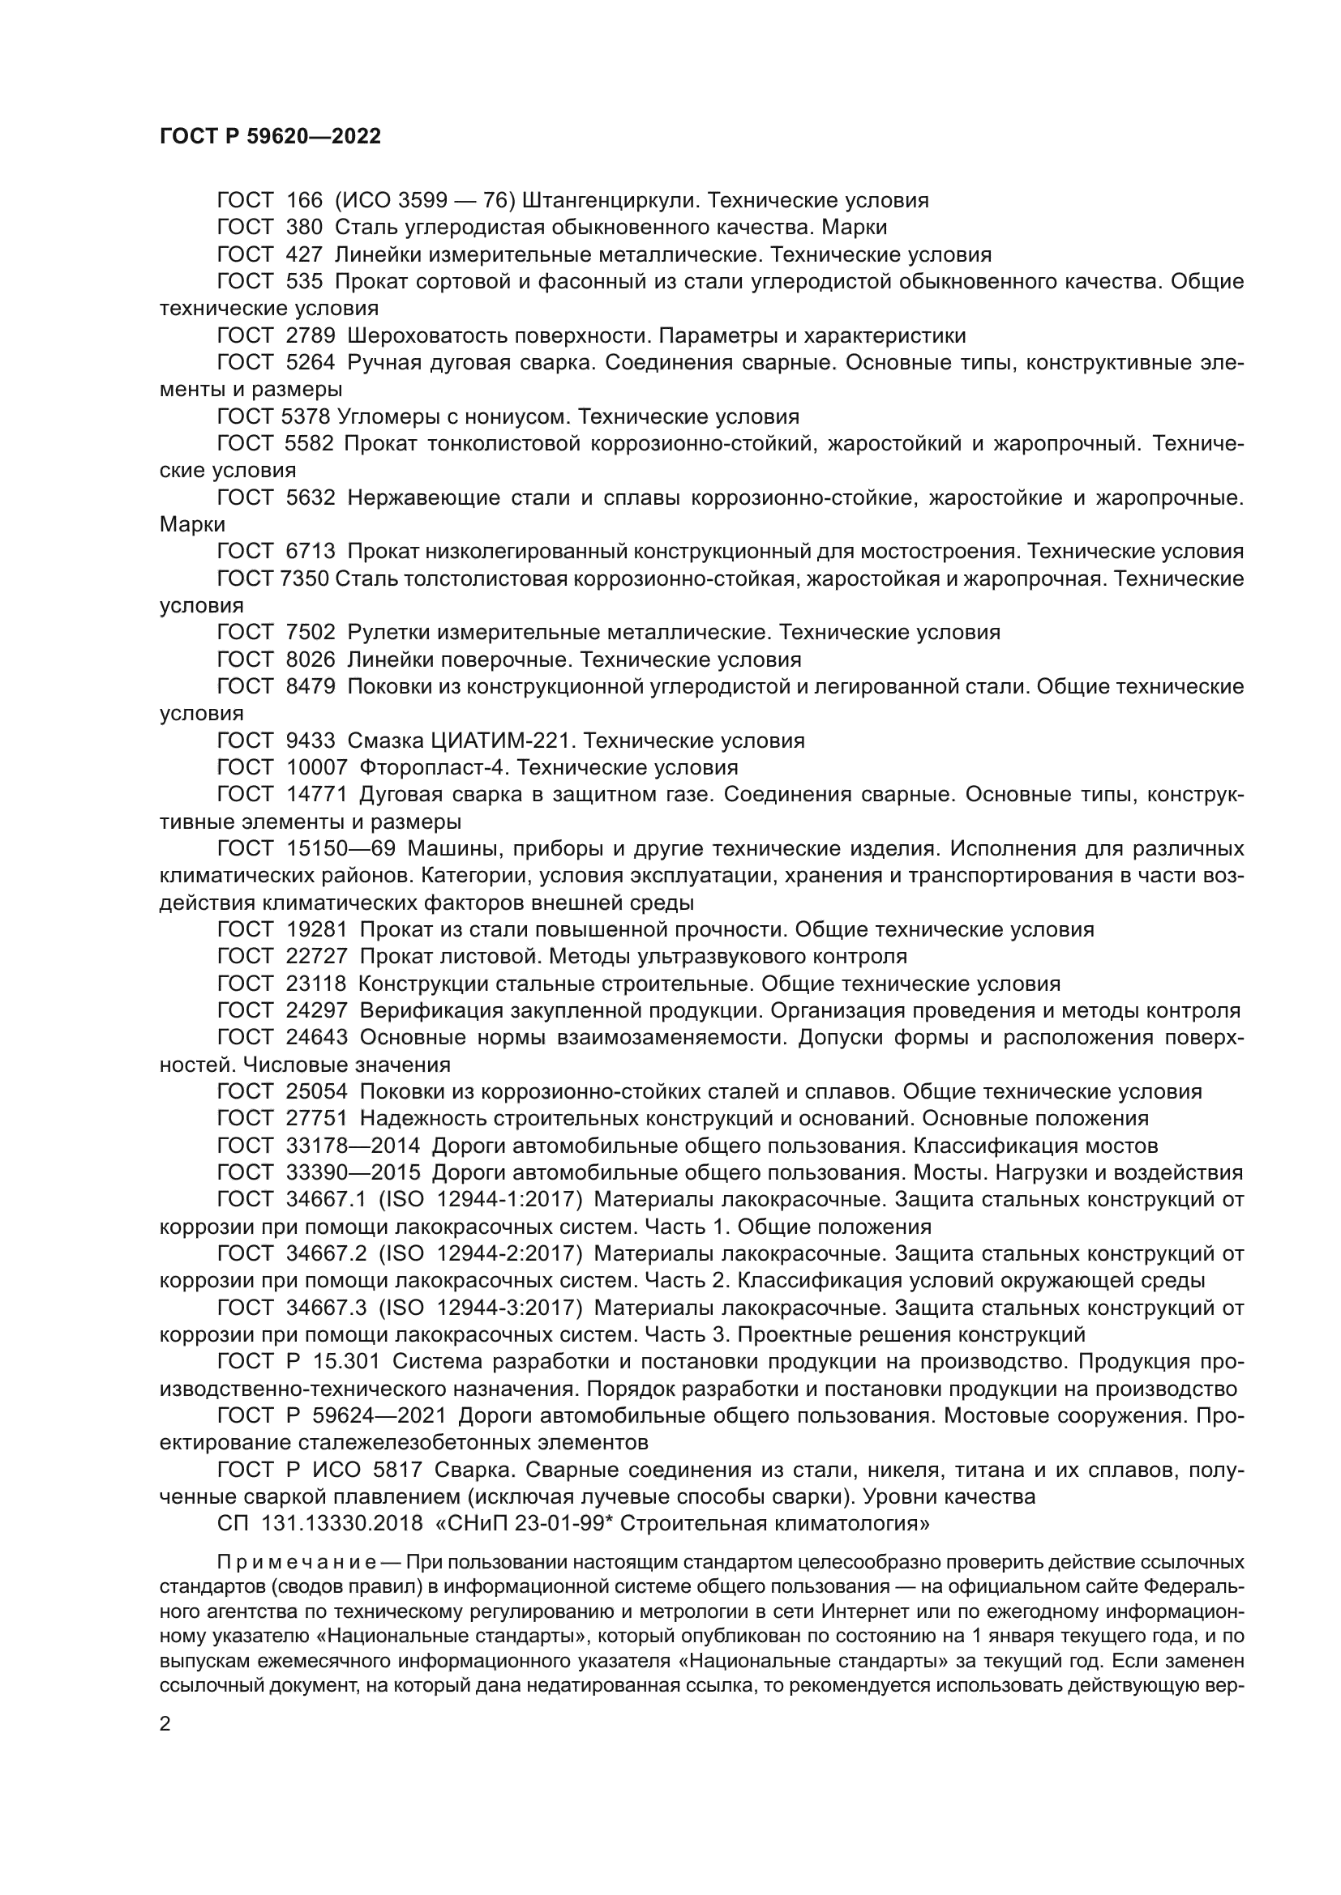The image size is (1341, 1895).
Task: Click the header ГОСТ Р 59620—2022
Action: pyautogui.click(x=270, y=137)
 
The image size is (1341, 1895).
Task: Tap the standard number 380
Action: pyautogui.click(x=304, y=227)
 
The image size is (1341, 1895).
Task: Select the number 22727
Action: pyautogui.click(x=316, y=957)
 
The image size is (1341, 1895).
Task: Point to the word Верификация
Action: pyautogui.click(x=427, y=1011)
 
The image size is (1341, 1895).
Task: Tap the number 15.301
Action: pyautogui.click(x=345, y=1362)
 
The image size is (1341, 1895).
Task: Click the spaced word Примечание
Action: pyautogui.click(x=297, y=1563)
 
